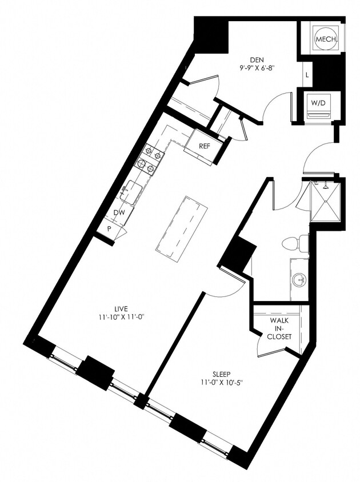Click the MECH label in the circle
tap(326, 39)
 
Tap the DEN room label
tap(257, 60)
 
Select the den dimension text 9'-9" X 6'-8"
tap(257, 68)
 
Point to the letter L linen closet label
tap(307, 75)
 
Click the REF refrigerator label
tap(205, 146)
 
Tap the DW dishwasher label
tap(119, 212)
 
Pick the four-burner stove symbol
tap(148, 160)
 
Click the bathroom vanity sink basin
tap(298, 280)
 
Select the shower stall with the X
tap(324, 202)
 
